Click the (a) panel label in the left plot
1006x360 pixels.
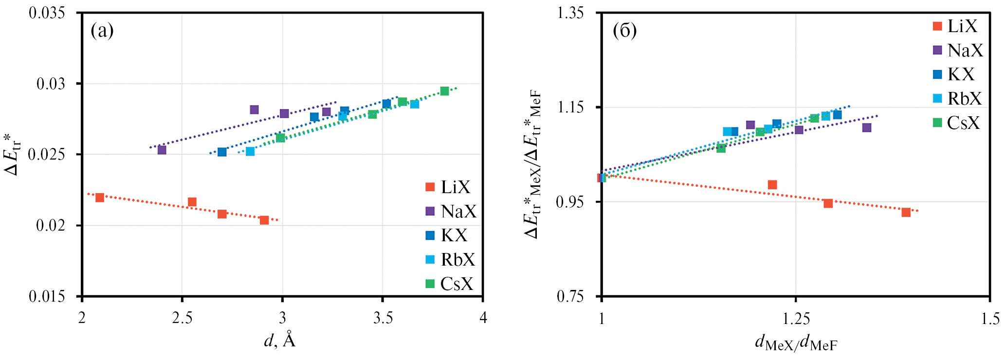click(x=102, y=31)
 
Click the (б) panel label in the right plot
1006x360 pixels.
click(x=625, y=31)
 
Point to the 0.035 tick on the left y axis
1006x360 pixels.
click(x=47, y=13)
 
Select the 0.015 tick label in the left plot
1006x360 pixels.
click(x=47, y=296)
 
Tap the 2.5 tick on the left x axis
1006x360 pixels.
click(x=182, y=318)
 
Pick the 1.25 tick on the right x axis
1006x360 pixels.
click(x=796, y=319)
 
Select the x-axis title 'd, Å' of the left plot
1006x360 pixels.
click(x=279, y=341)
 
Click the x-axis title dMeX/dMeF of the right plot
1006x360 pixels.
click(x=796, y=343)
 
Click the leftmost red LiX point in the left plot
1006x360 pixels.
click(x=100, y=198)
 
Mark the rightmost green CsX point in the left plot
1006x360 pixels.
click(x=444, y=91)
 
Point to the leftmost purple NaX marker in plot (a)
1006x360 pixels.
click(x=162, y=150)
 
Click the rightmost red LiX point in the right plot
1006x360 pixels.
click(x=906, y=212)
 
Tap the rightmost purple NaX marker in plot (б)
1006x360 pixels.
click(x=867, y=127)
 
